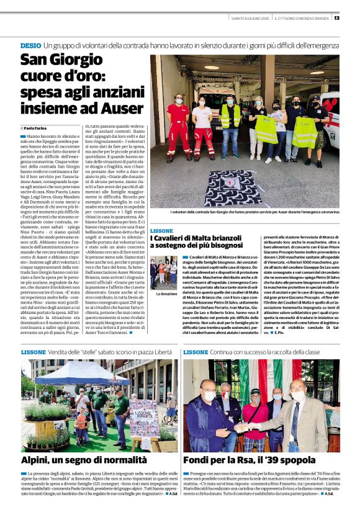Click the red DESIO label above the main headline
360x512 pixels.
tap(30, 46)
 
